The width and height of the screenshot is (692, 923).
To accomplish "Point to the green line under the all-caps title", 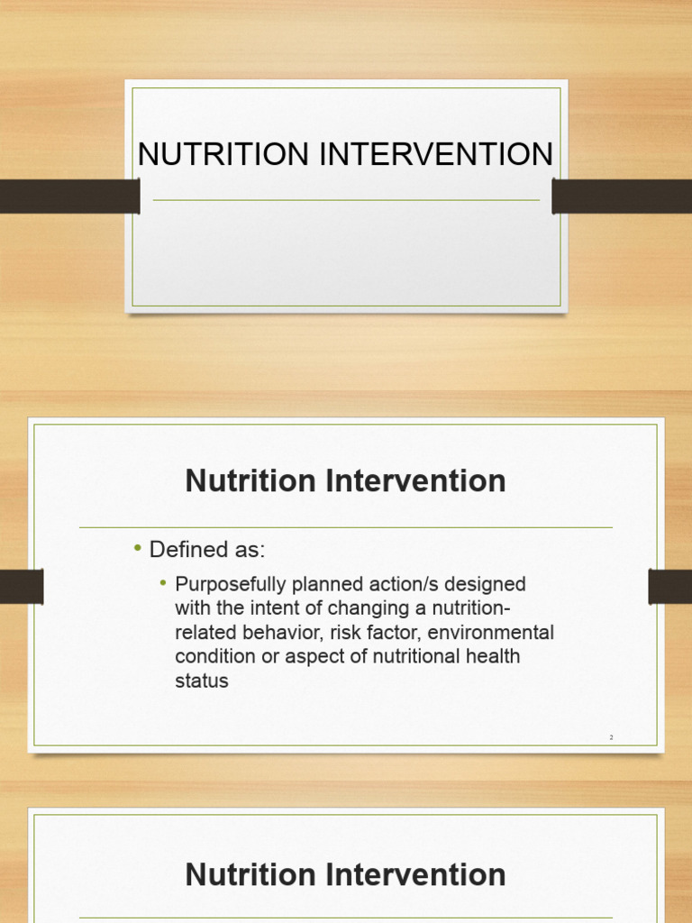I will pyautogui.click(x=346, y=200).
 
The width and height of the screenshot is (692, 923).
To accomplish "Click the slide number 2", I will pyautogui.click(x=611, y=737).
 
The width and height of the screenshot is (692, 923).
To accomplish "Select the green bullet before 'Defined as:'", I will pyautogui.click(x=138, y=549).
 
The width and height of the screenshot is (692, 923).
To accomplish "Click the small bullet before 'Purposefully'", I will pyautogui.click(x=164, y=583).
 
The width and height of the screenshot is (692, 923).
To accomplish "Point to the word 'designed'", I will pyautogui.click(x=484, y=584).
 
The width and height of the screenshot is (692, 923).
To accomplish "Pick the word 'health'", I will pyautogui.click(x=492, y=657).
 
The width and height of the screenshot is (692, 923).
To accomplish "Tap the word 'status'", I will pyautogui.click(x=202, y=681).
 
